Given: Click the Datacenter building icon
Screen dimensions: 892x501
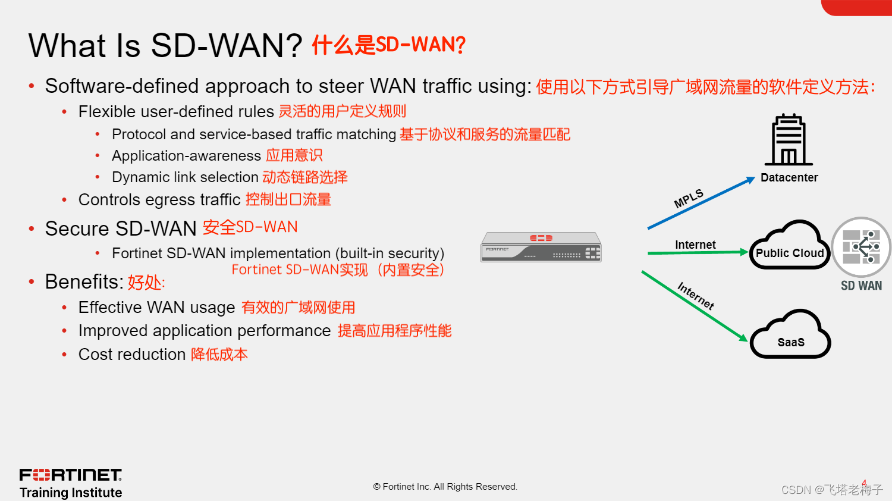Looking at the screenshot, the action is pos(789,140).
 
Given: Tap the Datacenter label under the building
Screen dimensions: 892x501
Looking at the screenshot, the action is pos(789,177).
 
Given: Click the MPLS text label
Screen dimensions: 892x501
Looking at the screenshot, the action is pos(689,198).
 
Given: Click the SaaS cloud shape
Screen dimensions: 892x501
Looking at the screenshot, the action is pos(790,337).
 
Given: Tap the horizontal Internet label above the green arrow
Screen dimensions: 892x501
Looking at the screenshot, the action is pos(695,245).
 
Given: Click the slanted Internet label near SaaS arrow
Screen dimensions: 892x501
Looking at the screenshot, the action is pos(696,296).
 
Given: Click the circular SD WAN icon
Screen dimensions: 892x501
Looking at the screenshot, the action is pos(861,247).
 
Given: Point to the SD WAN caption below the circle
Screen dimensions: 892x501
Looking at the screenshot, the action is pos(861,286).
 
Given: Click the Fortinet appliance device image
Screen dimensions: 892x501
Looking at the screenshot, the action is pos(541,248).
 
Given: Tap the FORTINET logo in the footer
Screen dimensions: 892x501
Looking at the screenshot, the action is pos(71,475).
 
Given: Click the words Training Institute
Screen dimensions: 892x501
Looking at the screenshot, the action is pos(71,493).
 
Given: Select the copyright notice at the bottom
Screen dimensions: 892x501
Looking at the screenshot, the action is pos(445,487).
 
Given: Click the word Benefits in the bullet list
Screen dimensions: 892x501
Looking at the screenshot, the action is pos(84,282).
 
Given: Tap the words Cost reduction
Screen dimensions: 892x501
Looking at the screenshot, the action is pos(132,355).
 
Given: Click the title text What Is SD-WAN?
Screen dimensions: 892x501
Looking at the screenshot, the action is pos(165,46).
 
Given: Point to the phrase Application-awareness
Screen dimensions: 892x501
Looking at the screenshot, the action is pos(186,156).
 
